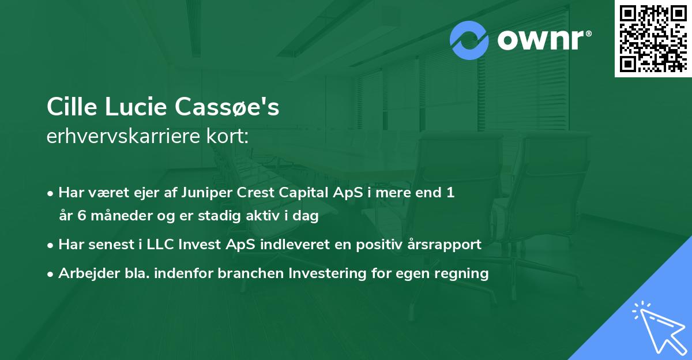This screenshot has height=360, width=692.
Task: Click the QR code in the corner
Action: click(x=653, y=38)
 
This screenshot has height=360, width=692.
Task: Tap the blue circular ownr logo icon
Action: click(x=469, y=40)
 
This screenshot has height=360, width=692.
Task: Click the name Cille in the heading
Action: click(x=70, y=107)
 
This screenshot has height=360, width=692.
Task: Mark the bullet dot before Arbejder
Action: click(x=51, y=273)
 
